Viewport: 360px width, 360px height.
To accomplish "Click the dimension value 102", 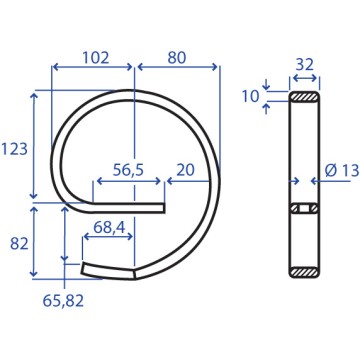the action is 96,58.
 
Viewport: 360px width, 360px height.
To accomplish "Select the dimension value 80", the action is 176,58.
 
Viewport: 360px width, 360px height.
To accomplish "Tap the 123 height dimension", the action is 14,149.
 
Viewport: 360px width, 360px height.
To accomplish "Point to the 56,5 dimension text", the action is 128,170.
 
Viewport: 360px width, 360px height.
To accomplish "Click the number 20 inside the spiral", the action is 185,170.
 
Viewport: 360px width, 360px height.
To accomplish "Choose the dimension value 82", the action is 19,244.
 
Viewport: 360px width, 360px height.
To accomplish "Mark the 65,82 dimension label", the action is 63,301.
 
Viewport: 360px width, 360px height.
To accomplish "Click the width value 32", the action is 305,65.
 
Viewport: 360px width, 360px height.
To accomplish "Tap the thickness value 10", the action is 251,97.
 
